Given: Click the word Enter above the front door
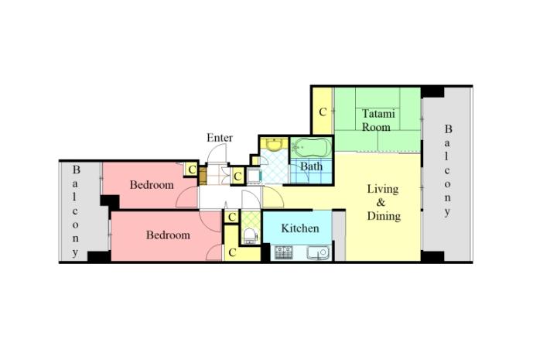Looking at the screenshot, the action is [x=220, y=138].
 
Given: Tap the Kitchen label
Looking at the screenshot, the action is [x=300, y=228].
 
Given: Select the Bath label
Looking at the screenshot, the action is [x=312, y=166].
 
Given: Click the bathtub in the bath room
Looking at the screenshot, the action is [x=312, y=148].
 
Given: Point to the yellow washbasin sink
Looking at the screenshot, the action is [x=274, y=145].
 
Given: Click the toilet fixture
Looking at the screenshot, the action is [x=250, y=235].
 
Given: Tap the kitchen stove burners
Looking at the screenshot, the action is [x=284, y=252].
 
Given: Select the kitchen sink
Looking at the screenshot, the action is [x=318, y=252].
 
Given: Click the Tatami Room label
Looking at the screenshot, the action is [x=378, y=121].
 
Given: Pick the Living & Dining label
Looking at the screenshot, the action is [x=383, y=203].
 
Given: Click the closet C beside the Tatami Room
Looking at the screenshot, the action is [x=323, y=112].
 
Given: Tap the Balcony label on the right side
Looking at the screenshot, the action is [x=448, y=170].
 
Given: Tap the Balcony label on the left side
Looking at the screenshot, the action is [x=75, y=211].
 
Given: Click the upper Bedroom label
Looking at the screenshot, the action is [x=152, y=185].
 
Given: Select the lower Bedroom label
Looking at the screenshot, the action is [x=168, y=235].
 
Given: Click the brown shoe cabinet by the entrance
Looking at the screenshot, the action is [x=203, y=176].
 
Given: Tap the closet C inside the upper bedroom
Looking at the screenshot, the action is [x=192, y=170].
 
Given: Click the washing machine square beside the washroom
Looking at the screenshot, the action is [x=255, y=176].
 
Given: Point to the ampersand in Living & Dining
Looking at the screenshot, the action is [x=381, y=203].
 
